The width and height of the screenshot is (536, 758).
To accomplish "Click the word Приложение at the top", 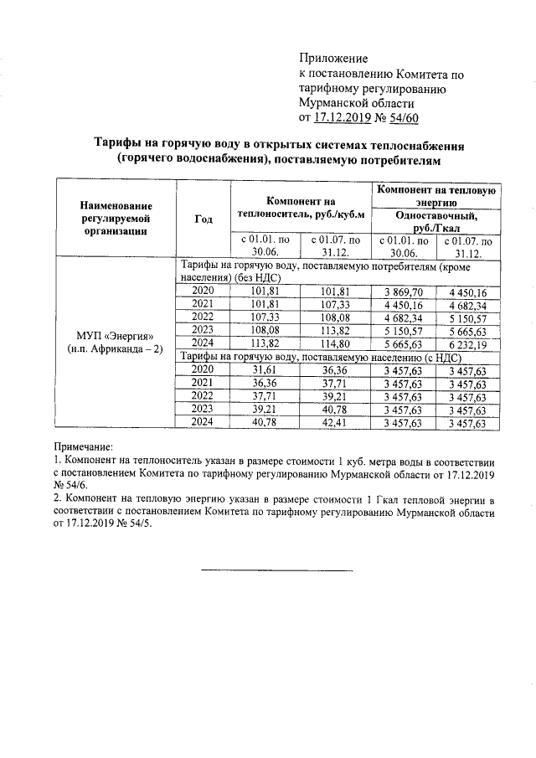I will (x=333, y=59).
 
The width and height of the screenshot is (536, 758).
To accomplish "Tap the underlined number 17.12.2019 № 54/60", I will (x=365, y=118).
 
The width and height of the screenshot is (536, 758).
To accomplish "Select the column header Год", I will (x=203, y=219).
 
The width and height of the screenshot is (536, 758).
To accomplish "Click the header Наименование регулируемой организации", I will (x=116, y=219).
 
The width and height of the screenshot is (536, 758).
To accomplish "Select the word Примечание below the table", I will (x=82, y=449).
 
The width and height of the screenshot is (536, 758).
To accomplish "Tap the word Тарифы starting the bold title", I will (x=116, y=147).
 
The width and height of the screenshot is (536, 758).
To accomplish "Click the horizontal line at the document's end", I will (x=276, y=571).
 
